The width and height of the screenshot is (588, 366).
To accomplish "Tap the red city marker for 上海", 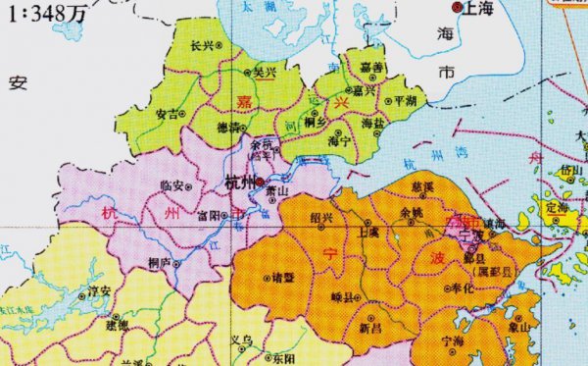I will (x=456, y=7).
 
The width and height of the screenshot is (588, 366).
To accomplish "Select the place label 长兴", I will (x=201, y=45).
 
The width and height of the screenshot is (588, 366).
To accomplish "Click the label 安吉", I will (x=168, y=113).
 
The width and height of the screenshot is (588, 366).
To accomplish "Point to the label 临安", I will (x=171, y=183).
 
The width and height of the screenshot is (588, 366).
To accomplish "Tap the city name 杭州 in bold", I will (x=239, y=183).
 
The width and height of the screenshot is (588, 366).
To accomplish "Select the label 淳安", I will (x=98, y=290).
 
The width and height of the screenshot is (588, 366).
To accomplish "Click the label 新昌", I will (x=371, y=330).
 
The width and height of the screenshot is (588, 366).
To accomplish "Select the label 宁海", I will (x=453, y=340).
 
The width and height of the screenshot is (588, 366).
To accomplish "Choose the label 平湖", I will (x=404, y=101).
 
